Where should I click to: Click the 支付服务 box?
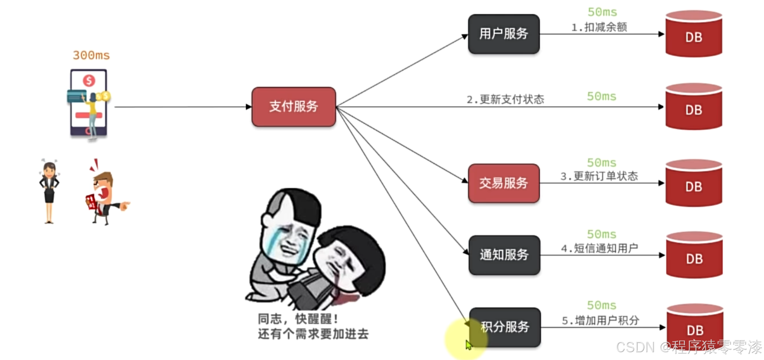[293, 106]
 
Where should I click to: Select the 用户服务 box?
[503, 34]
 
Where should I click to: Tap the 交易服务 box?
[503, 183]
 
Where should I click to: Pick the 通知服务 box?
[504, 255]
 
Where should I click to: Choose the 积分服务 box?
[505, 327]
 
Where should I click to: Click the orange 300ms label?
[91, 55]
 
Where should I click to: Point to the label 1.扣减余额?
[599, 27]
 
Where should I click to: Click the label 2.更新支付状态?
[505, 100]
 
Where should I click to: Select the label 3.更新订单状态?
[599, 176]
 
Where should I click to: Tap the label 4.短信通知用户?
[600, 248]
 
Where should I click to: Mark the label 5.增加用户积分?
[600, 321]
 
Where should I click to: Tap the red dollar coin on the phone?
[89, 80]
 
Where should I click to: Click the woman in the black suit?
[49, 190]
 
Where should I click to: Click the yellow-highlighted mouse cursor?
[468, 344]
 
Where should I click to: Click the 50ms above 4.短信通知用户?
[601, 235]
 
